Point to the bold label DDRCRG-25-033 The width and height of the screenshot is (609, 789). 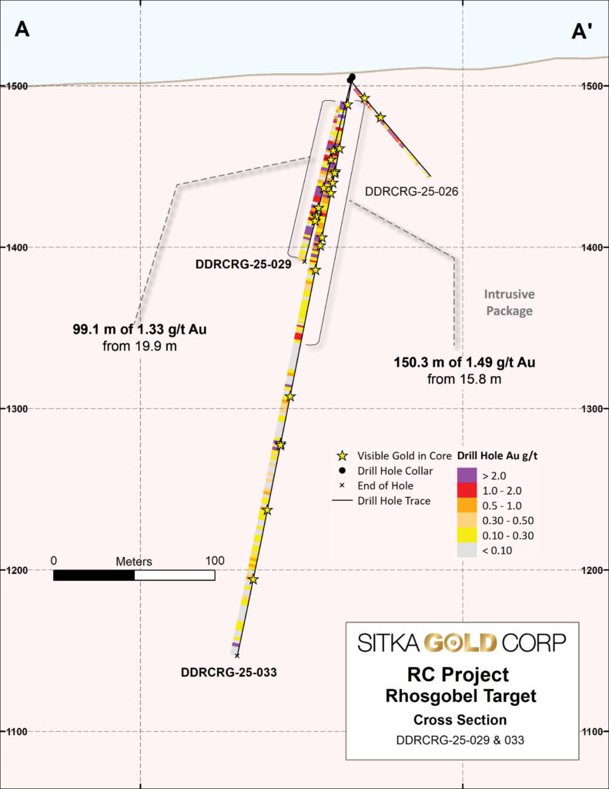[229, 671]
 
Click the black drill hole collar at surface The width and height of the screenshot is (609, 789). [352, 78]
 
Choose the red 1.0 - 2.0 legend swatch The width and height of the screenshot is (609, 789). [467, 489]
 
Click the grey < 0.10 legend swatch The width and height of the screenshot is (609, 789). [467, 549]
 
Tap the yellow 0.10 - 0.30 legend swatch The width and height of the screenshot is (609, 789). [467, 535]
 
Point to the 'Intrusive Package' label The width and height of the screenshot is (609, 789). [509, 302]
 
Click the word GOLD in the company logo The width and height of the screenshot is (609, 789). [461, 642]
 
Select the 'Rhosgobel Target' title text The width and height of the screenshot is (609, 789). [461, 697]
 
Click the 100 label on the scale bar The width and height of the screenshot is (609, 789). [215, 560]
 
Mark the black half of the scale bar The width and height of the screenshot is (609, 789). [94, 575]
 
